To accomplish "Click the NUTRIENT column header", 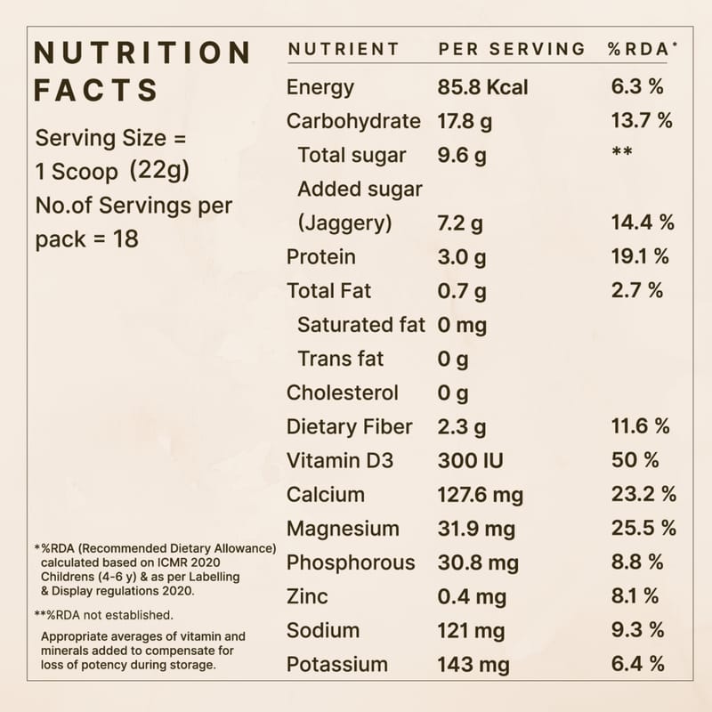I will (x=344, y=49).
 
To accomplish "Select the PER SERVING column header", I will (x=512, y=49).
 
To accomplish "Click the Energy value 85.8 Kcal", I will (x=482, y=87).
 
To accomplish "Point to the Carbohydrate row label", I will (x=353, y=121).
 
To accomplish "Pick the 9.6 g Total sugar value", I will (x=462, y=155).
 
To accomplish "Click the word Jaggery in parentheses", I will (x=344, y=222).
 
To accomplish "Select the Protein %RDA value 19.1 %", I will (x=640, y=256).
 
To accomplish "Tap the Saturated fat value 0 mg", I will (x=462, y=325).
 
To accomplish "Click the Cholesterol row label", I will (x=343, y=392).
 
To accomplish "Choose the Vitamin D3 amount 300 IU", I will (x=470, y=460).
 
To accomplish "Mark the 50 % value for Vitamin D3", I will (x=635, y=460).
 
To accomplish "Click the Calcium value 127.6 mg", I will (x=481, y=494).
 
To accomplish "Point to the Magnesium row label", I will (x=343, y=528).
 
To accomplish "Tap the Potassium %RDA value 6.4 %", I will (x=637, y=664).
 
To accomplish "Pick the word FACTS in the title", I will (x=96, y=90).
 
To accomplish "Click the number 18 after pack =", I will (x=125, y=239).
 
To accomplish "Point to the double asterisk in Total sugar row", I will (x=621, y=153).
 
